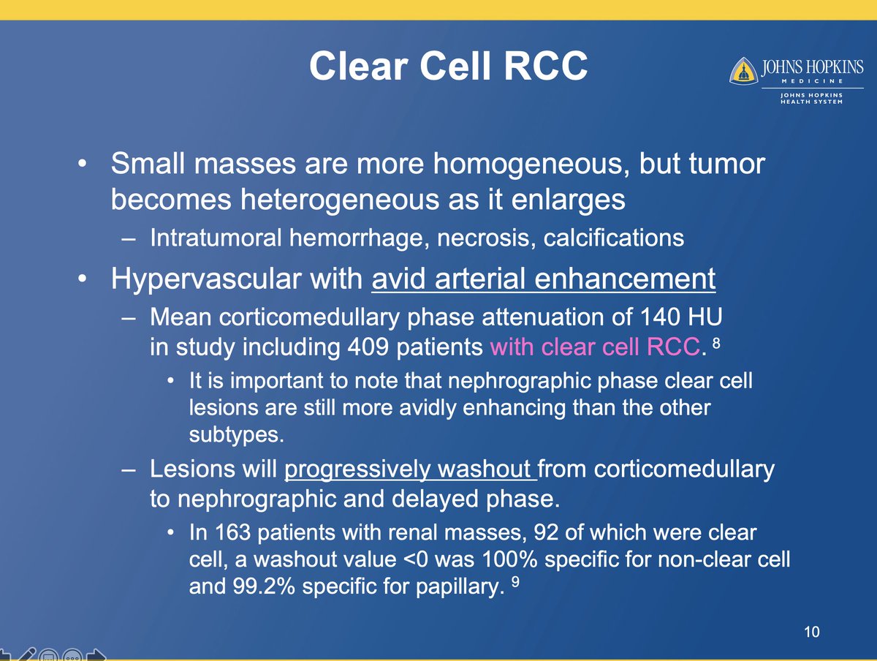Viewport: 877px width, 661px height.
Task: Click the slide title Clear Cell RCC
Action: (447, 67)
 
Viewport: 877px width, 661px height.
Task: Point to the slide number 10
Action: (808, 631)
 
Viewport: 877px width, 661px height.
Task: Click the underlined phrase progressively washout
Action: (410, 469)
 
